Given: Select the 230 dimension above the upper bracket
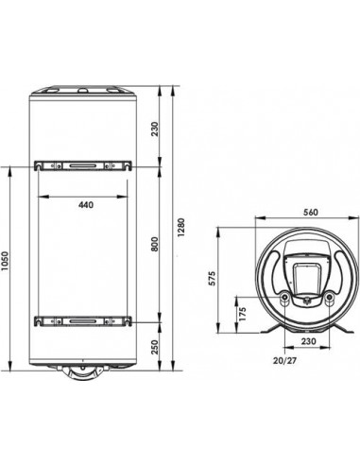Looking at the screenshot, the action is (x=155, y=129).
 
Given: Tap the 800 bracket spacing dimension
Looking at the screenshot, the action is (x=155, y=244).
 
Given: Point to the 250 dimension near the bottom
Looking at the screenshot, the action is (x=155, y=347).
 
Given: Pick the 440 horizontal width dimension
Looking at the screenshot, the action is (x=86, y=205).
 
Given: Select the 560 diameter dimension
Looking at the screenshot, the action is (x=311, y=213).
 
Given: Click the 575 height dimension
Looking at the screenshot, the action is (x=214, y=278).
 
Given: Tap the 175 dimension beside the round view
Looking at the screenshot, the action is (x=242, y=314).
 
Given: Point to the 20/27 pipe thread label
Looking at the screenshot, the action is (x=284, y=361).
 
